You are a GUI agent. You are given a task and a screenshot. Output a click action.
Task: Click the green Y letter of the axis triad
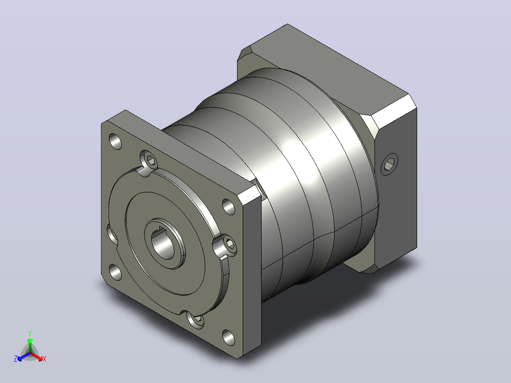(30, 333)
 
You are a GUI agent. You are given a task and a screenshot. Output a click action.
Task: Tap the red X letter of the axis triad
(45, 359)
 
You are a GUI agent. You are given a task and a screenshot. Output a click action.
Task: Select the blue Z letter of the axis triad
(16, 358)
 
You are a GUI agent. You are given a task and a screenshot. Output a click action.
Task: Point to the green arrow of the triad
(30, 345)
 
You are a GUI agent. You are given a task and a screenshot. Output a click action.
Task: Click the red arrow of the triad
(36, 356)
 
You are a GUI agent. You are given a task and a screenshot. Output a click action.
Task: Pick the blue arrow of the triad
(24, 356)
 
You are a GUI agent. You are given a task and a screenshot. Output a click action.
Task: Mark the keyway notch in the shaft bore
(161, 230)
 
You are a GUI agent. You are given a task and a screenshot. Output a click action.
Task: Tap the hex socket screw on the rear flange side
(390, 164)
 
